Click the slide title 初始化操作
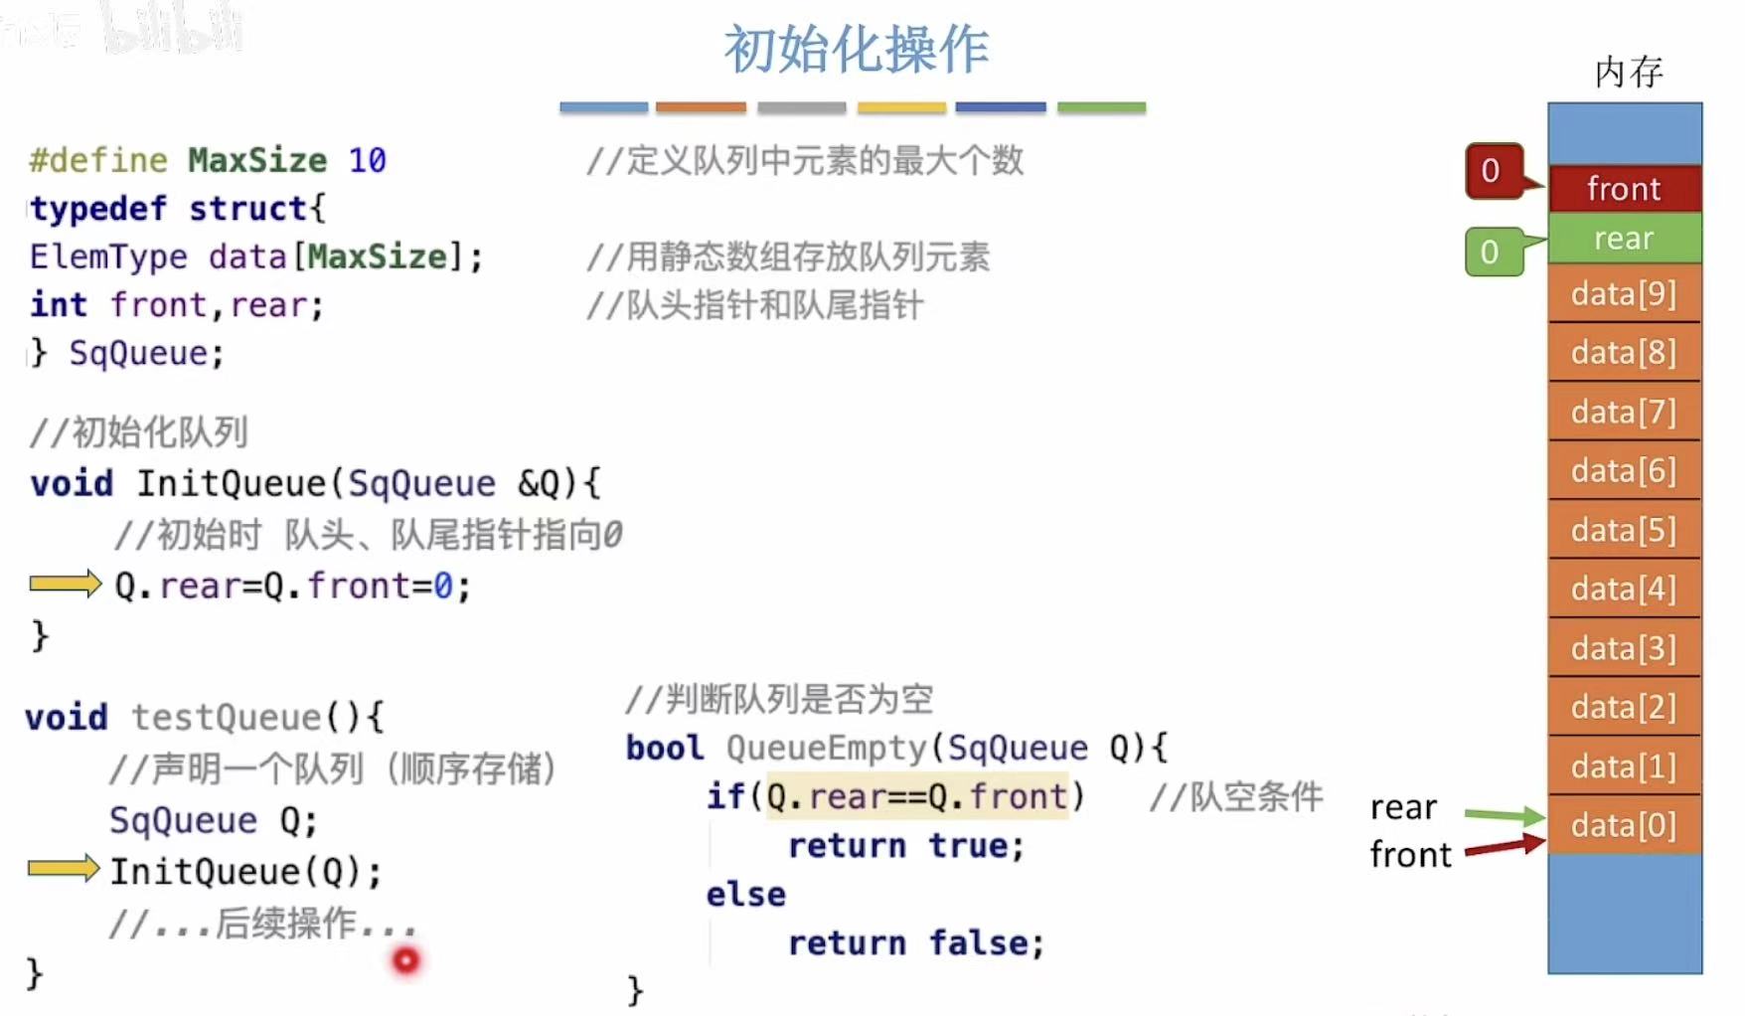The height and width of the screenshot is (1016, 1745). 857,50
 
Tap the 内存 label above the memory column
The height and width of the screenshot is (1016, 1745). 1628,73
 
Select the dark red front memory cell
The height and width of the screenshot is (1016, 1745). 1624,189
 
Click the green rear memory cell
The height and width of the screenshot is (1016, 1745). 1624,239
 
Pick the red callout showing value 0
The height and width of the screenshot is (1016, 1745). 1492,171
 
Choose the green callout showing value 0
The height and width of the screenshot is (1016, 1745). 1491,252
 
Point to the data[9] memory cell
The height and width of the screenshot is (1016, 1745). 1624,294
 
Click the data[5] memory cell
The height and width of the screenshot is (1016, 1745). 1624,530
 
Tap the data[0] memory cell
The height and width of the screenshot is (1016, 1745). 1624,825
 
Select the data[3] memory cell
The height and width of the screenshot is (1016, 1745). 1624,648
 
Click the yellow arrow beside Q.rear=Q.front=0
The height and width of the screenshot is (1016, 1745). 65,584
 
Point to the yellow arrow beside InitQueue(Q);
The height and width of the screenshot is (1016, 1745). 64,869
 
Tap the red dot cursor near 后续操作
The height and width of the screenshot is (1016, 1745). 405,960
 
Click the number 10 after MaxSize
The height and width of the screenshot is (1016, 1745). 367,160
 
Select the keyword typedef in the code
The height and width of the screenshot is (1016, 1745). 98,209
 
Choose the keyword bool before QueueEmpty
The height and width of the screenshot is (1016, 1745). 665,748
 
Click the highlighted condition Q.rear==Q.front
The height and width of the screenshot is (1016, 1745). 917,796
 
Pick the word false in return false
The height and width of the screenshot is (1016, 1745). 986,942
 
